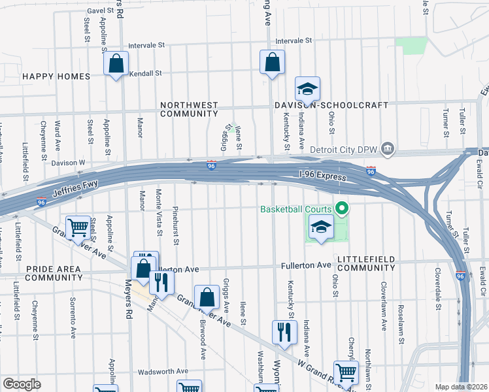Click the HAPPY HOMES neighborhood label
pos(56,76)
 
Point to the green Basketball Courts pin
pos(341,210)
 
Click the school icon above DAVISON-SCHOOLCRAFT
pos(307,88)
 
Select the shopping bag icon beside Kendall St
pos(116,64)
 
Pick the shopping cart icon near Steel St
pos(78,228)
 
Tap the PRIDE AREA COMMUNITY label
pos(54,273)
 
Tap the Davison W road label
pos(68,162)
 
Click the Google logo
pos(22,384)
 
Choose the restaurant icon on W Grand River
pos(284,332)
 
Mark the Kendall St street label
pos(145,73)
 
